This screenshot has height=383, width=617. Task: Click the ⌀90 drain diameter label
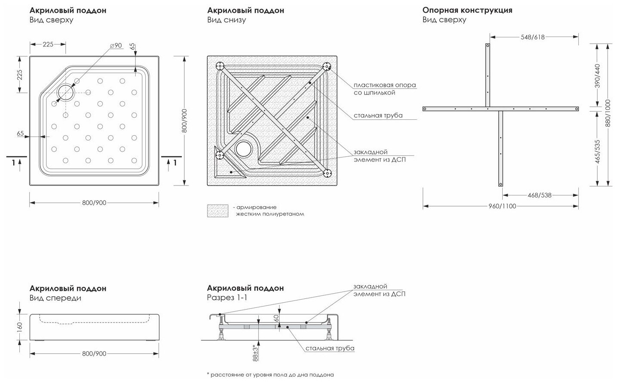[116, 46]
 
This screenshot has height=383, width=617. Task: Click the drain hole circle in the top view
[65, 91]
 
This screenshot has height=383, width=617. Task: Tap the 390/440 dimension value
[598, 75]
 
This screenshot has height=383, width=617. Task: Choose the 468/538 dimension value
[539, 195]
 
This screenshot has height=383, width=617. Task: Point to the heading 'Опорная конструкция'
[467, 10]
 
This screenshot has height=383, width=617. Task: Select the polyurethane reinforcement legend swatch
[217, 210]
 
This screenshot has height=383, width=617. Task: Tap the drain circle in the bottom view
[244, 149]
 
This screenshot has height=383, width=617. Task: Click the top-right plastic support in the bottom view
[327, 67]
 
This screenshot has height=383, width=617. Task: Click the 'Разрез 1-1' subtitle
[226, 298]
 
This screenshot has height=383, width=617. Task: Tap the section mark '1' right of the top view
[174, 162]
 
